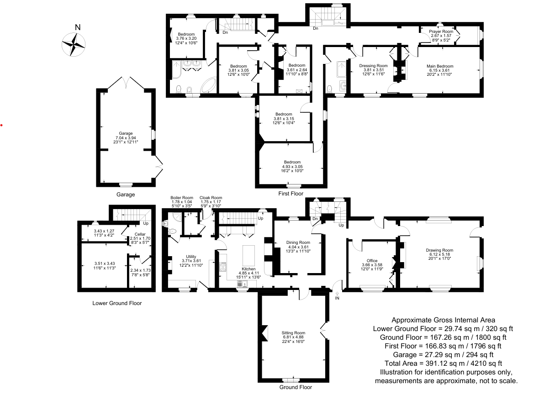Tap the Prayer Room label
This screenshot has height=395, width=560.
[x=441, y=32]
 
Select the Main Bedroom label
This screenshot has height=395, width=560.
[x=440, y=66]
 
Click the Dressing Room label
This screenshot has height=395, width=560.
[x=373, y=66]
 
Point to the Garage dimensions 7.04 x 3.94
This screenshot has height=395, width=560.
[x=126, y=138]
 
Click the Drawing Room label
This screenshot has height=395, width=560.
[x=439, y=250]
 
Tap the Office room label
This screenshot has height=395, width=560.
[x=372, y=260]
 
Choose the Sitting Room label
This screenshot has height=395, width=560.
[x=293, y=333]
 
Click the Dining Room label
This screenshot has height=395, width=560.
[x=298, y=242]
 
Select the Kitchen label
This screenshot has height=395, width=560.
[x=248, y=269]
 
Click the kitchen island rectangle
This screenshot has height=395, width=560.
[x=248, y=255]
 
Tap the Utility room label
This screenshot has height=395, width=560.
[x=191, y=257]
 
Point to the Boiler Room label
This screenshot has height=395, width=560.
[x=182, y=197]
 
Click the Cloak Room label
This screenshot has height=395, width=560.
[x=211, y=197]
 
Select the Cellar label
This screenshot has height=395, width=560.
[x=140, y=234]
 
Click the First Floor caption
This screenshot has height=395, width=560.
[x=291, y=194]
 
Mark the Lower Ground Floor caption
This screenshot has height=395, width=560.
[x=117, y=303]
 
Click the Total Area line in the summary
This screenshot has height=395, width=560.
[x=443, y=363]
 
